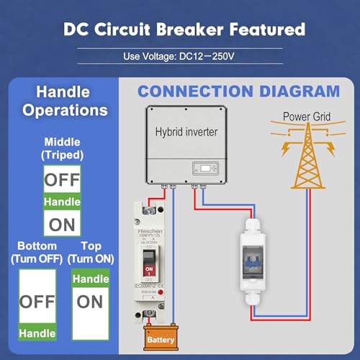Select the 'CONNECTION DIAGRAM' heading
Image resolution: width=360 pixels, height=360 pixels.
tap(238, 91)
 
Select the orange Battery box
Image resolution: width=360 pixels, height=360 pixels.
tap(160, 338)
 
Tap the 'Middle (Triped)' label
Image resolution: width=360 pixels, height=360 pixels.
tap(63, 148)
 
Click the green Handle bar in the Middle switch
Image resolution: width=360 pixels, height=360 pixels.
tap(63, 202)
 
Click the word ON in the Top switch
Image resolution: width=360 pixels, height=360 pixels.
tap(90, 301)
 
